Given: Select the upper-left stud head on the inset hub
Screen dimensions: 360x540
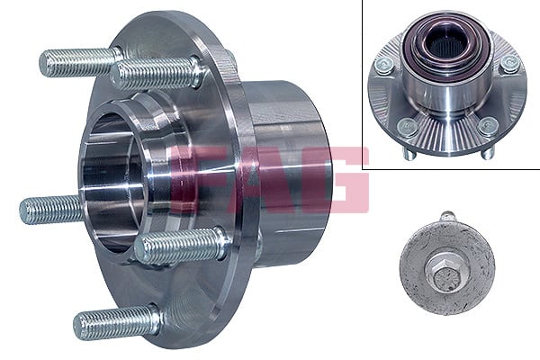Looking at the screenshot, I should tap(384, 64).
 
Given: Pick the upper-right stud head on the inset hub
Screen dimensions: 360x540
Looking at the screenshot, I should tap(509, 64).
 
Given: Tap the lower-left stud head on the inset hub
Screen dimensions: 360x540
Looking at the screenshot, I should tap(407, 127).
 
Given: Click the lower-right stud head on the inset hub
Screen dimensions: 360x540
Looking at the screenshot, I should tap(488, 127).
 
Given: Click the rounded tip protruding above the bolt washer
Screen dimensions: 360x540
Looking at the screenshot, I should tap(447, 217).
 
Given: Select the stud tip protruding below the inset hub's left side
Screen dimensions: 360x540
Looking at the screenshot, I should tap(407, 154).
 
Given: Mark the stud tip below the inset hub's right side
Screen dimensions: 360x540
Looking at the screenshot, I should tap(487, 154).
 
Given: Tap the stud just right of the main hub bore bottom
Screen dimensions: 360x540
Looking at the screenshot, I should tap(180, 246).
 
